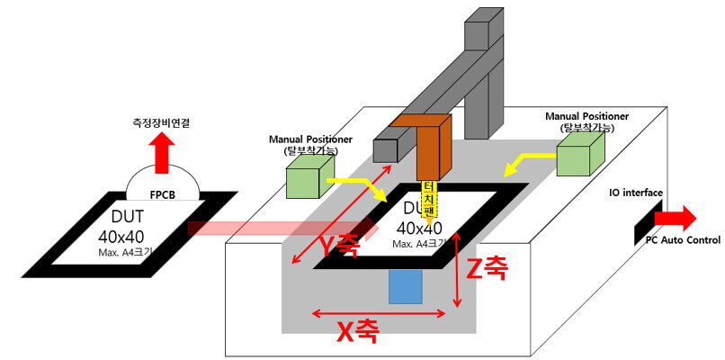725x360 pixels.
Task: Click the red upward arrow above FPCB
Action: [x=162, y=153]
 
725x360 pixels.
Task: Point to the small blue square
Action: [x=406, y=286]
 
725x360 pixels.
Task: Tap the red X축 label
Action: [x=358, y=332]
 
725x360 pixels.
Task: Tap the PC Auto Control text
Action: [x=685, y=240]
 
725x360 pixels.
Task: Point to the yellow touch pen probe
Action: [x=431, y=202]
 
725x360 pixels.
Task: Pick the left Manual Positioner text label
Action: [x=309, y=144]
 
